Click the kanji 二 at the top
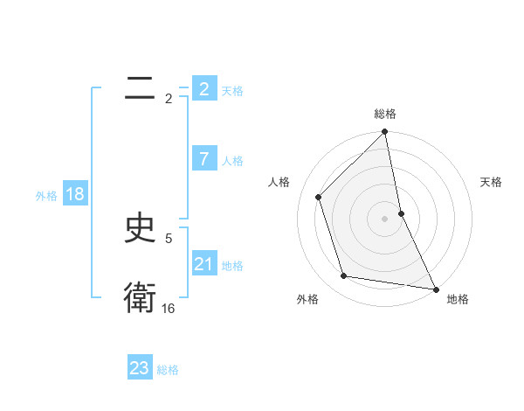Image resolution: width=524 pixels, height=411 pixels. tap(140, 88)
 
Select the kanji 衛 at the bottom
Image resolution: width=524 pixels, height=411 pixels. tap(140, 298)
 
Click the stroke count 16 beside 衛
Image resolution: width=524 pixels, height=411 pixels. tap(169, 309)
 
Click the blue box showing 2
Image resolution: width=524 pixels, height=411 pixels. tap(203, 89)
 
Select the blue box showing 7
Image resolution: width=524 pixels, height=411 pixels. tap(203, 159)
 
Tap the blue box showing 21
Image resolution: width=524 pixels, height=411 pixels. tap(203, 264)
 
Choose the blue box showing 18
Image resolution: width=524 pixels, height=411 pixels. tap(75, 194)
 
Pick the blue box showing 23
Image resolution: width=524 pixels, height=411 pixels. tap(140, 368)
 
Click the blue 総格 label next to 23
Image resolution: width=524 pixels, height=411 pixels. tap(168, 370)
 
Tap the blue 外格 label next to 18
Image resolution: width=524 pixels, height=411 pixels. tap(46, 196)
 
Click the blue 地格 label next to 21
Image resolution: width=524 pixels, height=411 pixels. tap(232, 266)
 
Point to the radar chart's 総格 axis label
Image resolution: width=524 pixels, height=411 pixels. tap(385, 114)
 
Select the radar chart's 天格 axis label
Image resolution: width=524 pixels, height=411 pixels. tap(492, 182)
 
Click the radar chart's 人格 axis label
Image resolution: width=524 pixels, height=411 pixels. tap(279, 182)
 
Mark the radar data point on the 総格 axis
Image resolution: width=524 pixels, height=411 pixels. tap(385, 133)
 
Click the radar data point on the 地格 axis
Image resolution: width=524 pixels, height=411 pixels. tap(436, 289)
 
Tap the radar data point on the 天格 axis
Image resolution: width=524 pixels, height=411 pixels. tap(402, 213)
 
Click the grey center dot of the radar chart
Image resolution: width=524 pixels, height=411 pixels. tap(385, 219)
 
